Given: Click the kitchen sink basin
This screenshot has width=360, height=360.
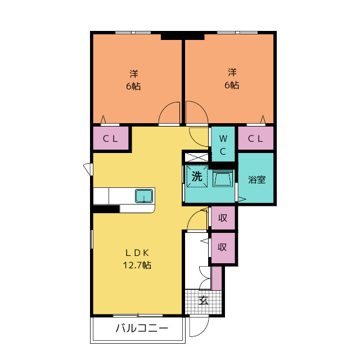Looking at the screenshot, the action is coord(144,196).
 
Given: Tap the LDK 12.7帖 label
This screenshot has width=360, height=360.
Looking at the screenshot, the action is coord(137,259).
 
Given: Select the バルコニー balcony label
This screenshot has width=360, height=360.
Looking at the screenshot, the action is coord(142,328).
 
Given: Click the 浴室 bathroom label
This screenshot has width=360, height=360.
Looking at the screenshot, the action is coord(257,179).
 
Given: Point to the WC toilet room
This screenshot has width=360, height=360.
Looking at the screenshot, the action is coord(223,144).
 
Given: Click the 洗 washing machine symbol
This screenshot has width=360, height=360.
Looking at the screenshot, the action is coord(197,176).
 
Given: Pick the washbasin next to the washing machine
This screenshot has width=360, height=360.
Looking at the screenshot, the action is coord(223,178).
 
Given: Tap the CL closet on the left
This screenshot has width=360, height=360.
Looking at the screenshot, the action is coord(111,138).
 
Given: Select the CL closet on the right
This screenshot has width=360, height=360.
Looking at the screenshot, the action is coord(255,138).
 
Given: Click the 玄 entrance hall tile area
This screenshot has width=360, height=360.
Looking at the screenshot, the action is coord(204,301).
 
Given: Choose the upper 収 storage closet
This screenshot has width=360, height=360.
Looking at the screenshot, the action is coord(223,218).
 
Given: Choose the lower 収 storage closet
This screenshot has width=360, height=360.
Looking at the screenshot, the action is coord(223,247).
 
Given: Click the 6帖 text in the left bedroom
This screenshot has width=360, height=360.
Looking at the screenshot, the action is coord(133,86).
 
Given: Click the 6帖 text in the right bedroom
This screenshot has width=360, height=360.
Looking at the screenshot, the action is coord(232,85).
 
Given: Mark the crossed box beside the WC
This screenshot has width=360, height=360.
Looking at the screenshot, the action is coord(196,157).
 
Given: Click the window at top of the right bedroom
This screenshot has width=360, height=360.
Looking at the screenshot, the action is coord(237,33).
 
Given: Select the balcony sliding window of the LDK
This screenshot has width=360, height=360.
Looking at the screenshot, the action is coord(138,316).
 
